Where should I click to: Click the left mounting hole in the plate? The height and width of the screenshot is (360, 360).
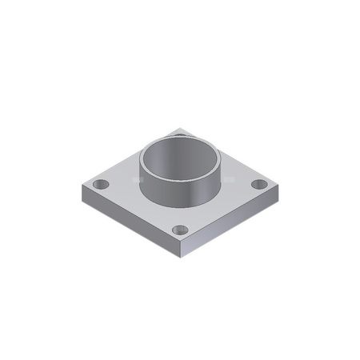(x=100, y=185)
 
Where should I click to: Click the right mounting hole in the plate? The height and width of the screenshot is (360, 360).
(x=258, y=185)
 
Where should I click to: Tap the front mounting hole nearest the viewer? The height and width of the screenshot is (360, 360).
(x=180, y=231)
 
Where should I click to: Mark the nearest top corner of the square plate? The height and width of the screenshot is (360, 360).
(x=181, y=246)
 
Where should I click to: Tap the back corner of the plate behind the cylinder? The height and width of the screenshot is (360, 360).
(x=181, y=128)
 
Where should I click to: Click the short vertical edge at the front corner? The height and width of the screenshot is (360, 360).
(x=181, y=254)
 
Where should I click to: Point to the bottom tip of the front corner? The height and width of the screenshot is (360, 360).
(x=181, y=262)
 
